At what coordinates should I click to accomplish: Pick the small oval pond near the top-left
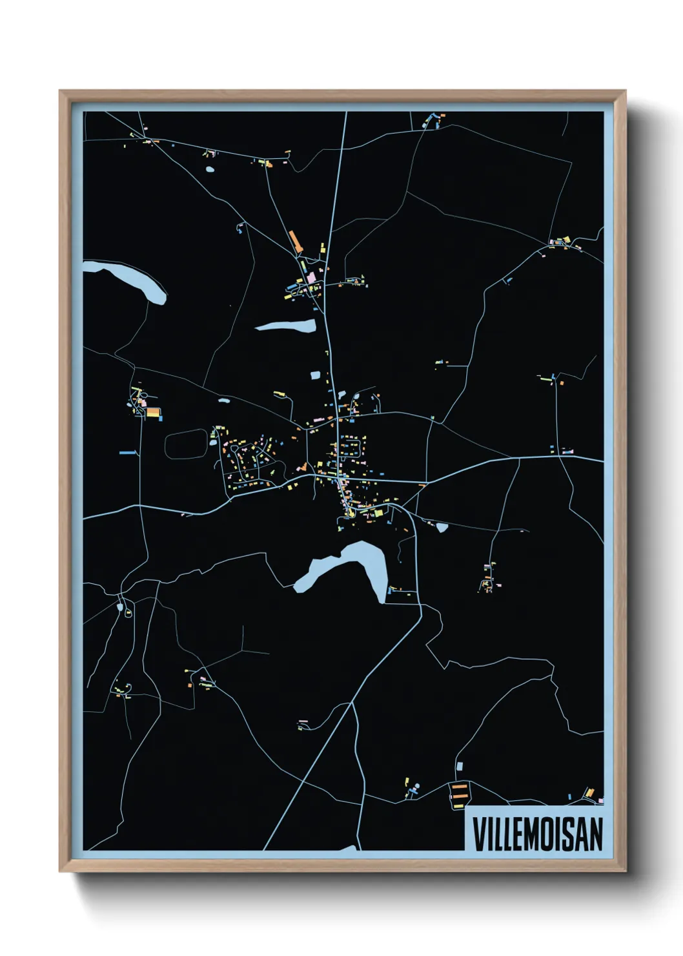point(209,170)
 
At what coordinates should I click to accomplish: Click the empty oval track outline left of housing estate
point(187,445)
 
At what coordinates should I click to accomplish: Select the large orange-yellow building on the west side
point(152,411)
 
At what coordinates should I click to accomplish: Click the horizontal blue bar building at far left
point(128,453)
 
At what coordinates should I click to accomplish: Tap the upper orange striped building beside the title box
point(459,787)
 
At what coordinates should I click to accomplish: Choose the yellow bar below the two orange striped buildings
point(458,806)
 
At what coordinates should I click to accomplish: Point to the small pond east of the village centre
point(442,527)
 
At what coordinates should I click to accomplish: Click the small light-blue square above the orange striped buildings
point(460,765)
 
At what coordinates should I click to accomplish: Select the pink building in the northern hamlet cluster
point(312,277)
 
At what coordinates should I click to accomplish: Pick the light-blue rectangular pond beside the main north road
point(316,375)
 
